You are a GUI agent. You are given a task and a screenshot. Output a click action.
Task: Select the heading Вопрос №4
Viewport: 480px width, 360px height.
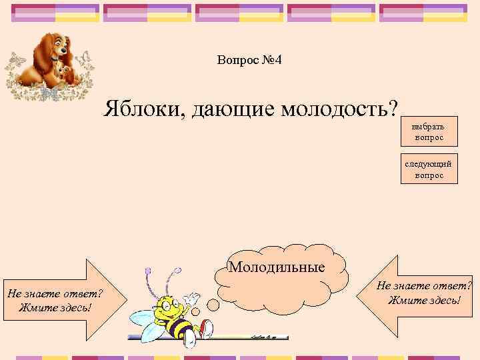tap(249, 61)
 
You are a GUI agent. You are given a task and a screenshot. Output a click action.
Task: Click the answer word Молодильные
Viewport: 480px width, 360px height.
tap(277, 267)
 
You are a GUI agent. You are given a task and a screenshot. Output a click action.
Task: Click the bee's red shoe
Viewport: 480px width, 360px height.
tap(207, 328)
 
